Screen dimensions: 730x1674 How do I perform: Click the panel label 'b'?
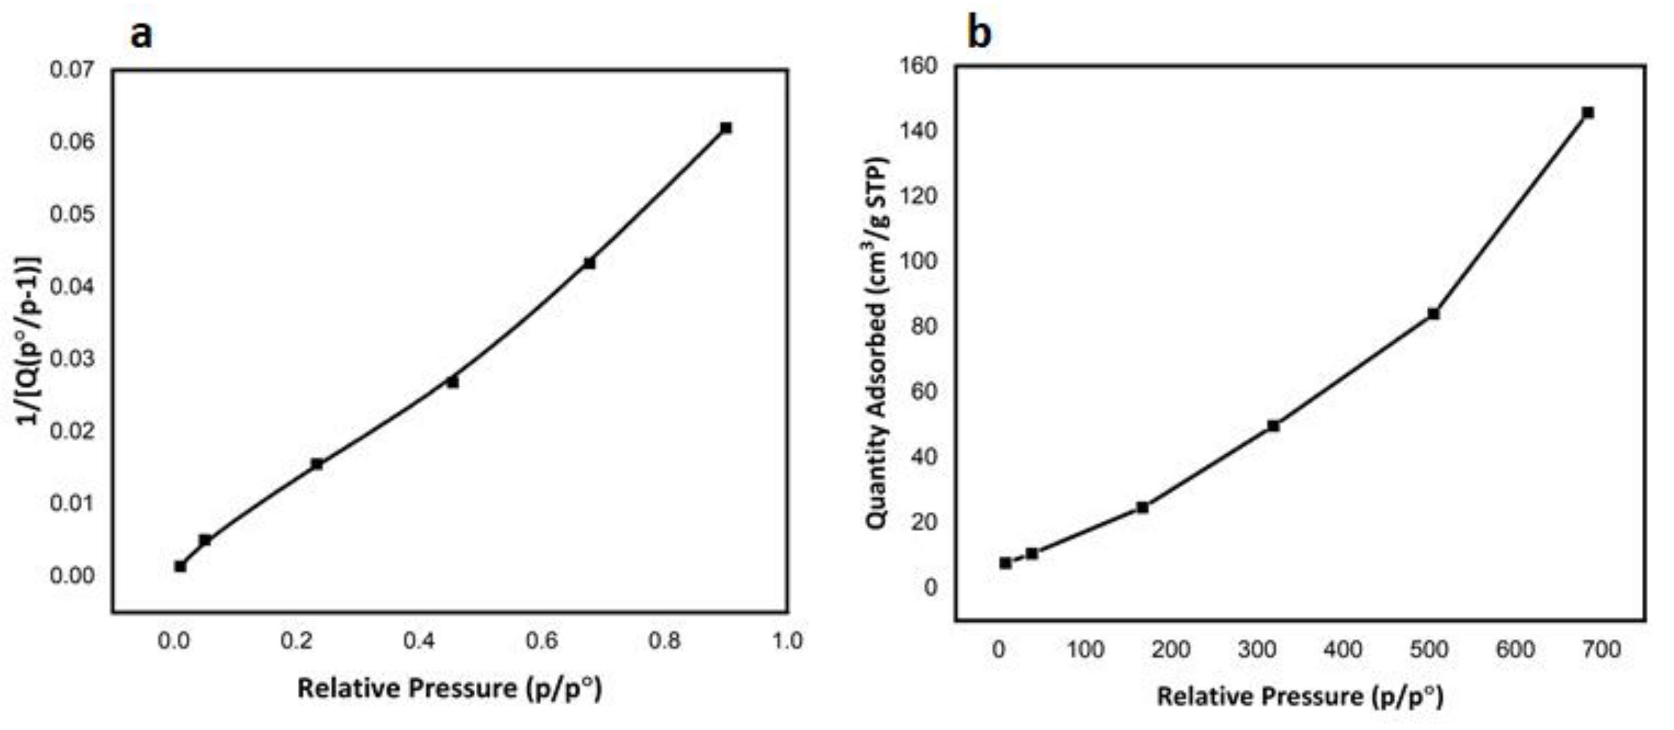tap(979, 33)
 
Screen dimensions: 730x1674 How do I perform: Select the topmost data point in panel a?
tap(726, 128)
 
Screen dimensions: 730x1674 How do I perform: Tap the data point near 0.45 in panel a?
tap(452, 383)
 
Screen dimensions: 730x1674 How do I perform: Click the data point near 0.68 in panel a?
tap(589, 263)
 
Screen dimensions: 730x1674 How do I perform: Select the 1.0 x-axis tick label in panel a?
tap(787, 641)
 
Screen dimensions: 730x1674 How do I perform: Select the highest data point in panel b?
tap(1588, 113)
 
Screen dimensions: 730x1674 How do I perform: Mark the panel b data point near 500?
tap(1433, 314)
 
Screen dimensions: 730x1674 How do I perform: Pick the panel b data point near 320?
tap(1273, 426)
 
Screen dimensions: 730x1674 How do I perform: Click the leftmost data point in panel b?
tap(1005, 563)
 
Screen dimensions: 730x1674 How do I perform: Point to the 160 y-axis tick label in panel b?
tap(918, 65)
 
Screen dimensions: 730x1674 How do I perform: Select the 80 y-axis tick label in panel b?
tap(924, 326)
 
